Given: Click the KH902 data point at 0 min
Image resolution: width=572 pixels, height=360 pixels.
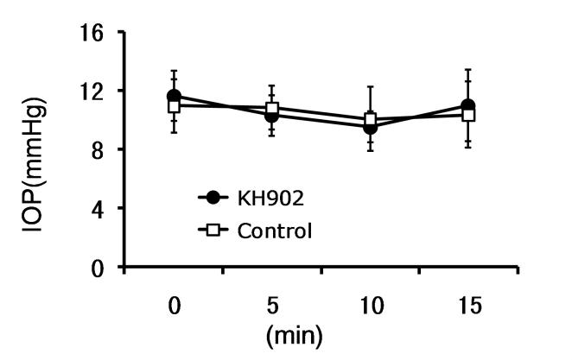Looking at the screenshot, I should point(174,97).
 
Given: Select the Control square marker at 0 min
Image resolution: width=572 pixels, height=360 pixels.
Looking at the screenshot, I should point(174,105).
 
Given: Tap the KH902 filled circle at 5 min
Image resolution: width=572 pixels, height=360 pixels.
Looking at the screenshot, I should point(272,115).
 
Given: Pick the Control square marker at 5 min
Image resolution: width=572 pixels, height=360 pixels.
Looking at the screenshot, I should point(272,109).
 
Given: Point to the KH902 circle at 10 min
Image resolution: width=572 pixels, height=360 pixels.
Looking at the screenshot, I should point(371,127).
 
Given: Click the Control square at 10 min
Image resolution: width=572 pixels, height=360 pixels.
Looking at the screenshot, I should point(371,119).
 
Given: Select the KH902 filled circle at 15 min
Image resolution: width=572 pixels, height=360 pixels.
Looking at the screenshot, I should point(468,106).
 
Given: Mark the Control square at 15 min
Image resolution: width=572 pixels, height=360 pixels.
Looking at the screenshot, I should point(468,114).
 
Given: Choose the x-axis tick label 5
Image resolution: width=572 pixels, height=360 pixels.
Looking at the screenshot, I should point(272,307).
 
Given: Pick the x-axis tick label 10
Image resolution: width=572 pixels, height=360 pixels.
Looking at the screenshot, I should point(371,307).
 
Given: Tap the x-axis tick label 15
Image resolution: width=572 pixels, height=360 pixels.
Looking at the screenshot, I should point(468,307).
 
